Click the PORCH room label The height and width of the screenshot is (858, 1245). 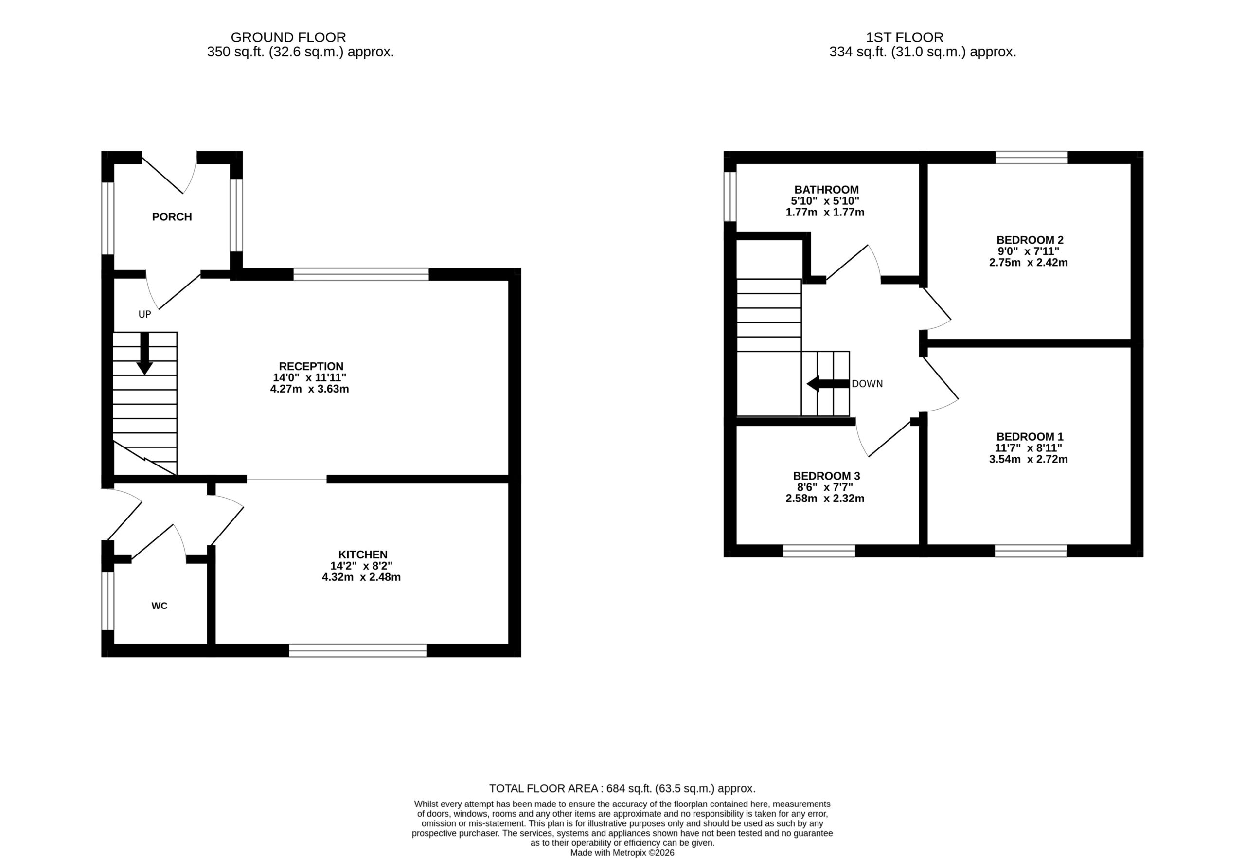point(172,216)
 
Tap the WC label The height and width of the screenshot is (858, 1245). point(160,606)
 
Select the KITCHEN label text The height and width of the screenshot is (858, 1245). point(363,554)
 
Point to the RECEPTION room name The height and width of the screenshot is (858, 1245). point(311,367)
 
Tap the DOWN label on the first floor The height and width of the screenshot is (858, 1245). point(867,384)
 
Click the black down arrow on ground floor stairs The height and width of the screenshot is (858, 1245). point(144,353)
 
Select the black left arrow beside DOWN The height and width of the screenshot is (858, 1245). point(828,384)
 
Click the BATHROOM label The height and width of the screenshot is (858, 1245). point(826,190)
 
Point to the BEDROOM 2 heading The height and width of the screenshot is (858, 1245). point(1030,240)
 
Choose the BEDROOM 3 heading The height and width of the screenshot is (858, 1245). point(826,476)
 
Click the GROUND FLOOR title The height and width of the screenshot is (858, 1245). point(288,37)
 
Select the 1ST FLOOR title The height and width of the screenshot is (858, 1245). point(905,37)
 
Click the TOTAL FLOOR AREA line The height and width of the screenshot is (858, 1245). point(622,788)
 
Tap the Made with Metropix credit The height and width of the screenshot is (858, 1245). point(622,853)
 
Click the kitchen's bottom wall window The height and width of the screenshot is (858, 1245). point(357,651)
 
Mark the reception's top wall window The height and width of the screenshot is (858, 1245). point(361,274)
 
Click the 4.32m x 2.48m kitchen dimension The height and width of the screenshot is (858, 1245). point(361,577)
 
